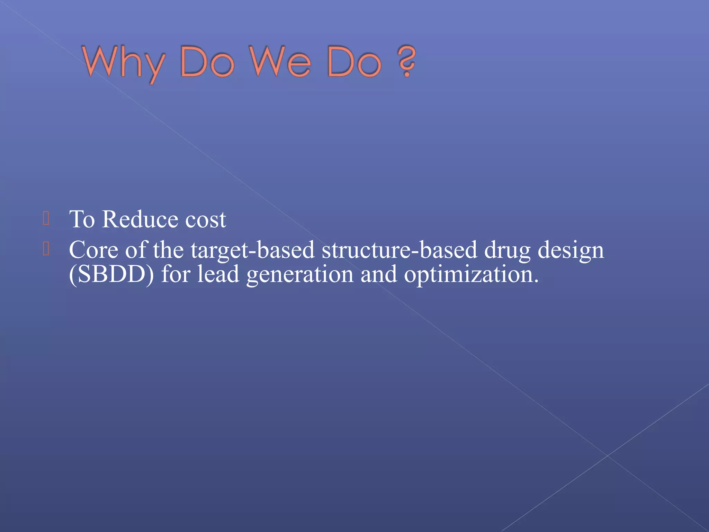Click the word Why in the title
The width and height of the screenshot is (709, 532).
(123, 62)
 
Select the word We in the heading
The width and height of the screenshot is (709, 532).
(280, 62)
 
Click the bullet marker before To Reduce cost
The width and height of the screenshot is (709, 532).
(46, 219)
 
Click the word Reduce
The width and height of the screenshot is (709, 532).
(140, 219)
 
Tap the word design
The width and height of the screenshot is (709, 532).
(571, 250)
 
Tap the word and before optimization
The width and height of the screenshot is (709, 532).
(378, 274)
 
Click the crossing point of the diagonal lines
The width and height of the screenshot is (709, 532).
(608, 456)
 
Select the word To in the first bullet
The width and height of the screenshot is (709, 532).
(82, 219)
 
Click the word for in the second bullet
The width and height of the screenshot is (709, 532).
(176, 274)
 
